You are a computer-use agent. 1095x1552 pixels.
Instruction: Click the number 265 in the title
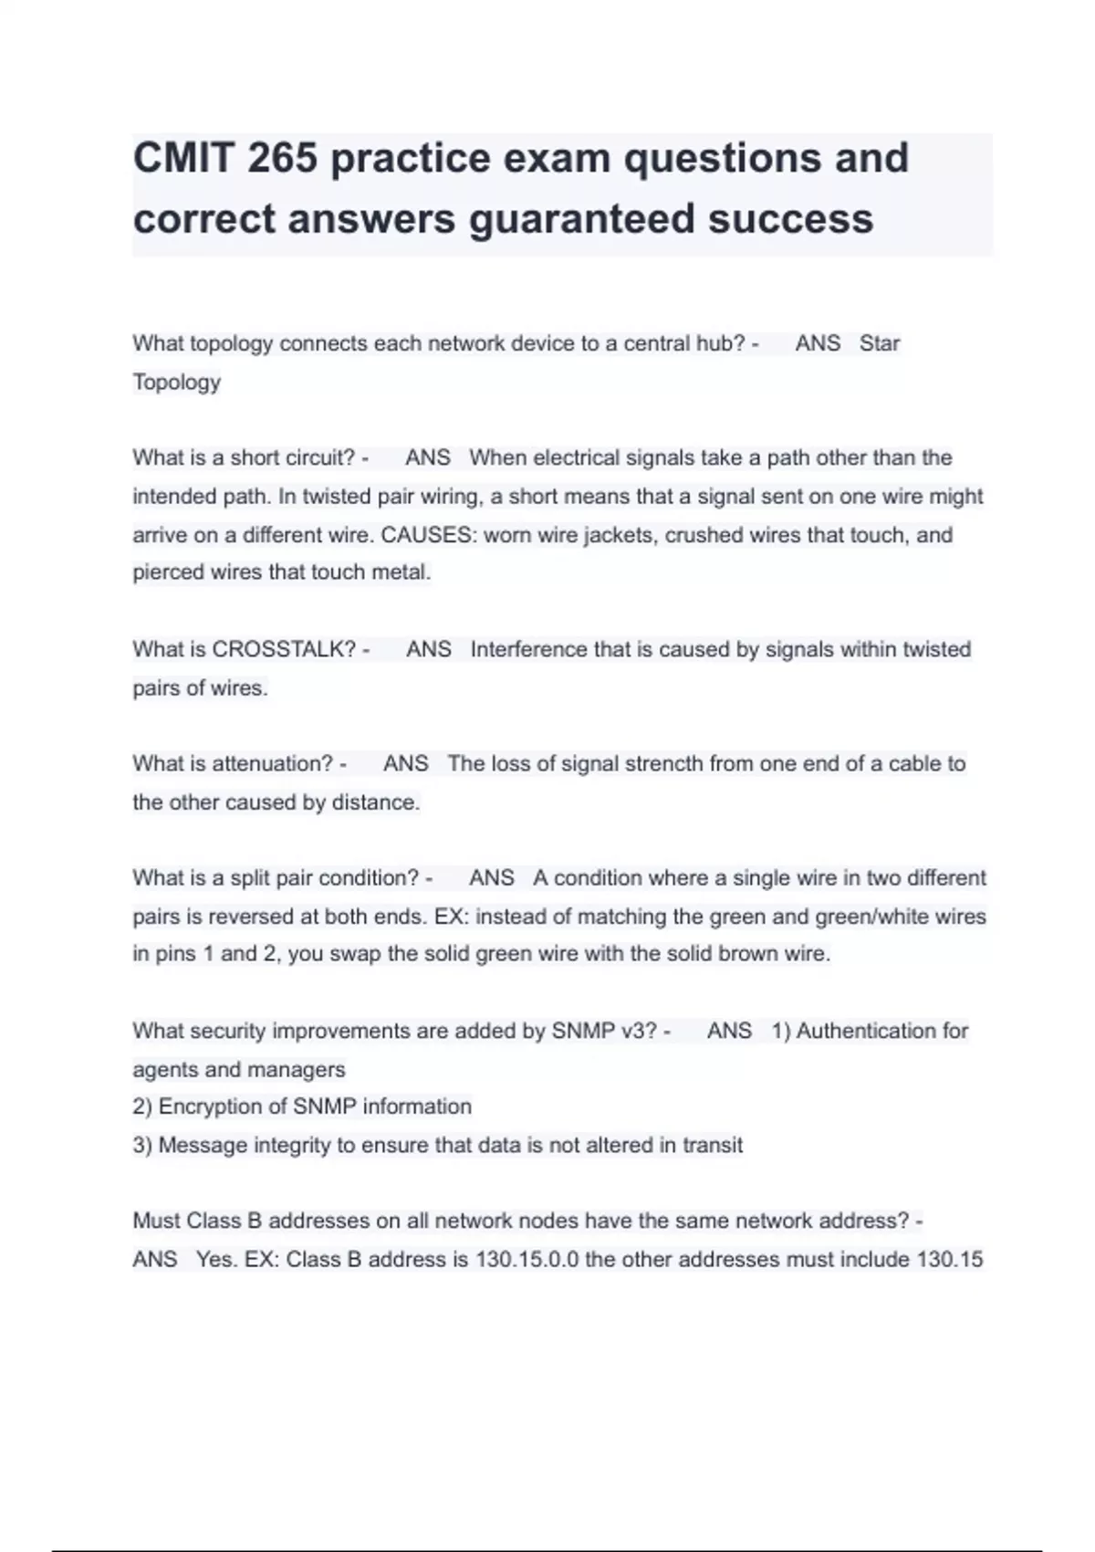pyautogui.click(x=282, y=158)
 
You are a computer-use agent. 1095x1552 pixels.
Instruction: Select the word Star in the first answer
pyautogui.click(x=880, y=343)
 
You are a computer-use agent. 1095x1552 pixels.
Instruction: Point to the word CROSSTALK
pyautogui.click(x=283, y=649)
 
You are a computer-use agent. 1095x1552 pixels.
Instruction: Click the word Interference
pyautogui.click(x=529, y=649)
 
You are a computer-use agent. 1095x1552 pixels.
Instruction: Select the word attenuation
pyautogui.click(x=272, y=763)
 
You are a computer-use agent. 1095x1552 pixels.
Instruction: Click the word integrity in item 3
pyautogui.click(x=291, y=1145)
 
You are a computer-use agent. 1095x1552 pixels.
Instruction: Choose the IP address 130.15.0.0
pyautogui.click(x=527, y=1259)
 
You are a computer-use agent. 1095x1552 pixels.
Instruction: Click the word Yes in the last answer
pyautogui.click(x=215, y=1259)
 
